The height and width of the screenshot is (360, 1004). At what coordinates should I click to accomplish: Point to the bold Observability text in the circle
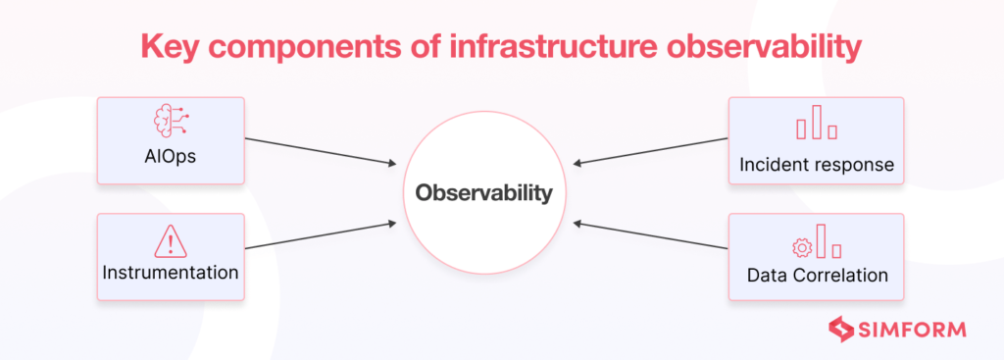tap(483, 193)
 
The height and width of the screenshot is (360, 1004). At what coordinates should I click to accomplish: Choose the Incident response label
tap(816, 164)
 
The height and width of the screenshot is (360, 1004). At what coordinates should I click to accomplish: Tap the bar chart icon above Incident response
tap(816, 126)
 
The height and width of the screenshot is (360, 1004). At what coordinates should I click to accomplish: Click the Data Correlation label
tap(816, 276)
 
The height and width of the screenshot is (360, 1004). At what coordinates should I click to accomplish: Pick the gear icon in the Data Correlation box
tap(799, 246)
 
